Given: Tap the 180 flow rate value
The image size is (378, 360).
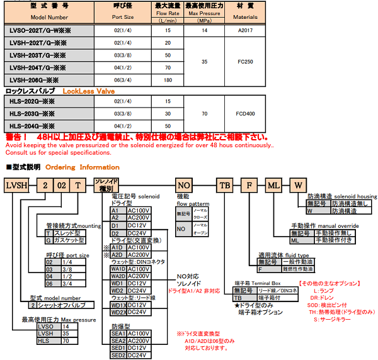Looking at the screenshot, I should coord(168,80).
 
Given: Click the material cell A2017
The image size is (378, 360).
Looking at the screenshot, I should coord(246,30).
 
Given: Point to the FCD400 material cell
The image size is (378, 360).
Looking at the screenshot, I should coord(246,113).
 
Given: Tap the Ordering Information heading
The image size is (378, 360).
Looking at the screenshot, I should coord(82,167).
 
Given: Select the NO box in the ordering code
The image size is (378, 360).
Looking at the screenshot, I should coord(183,186).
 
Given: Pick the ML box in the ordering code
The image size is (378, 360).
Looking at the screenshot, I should coord(273,186).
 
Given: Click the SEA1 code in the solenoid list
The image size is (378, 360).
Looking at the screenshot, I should coord(118,333).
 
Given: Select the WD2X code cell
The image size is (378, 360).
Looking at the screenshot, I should coord(118,312).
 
